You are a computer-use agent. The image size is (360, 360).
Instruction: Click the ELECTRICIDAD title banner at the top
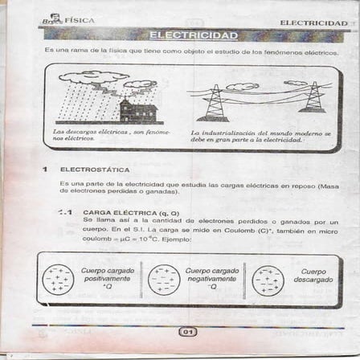[x=193, y=35]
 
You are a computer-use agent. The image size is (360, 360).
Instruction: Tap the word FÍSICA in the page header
[x=80, y=19]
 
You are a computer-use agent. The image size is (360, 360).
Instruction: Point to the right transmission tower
[x=311, y=97]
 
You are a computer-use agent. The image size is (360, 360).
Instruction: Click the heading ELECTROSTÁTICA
[x=95, y=170]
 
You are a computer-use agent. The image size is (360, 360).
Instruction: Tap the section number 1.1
[x=65, y=213]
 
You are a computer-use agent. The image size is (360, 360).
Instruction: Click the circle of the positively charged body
[x=58, y=280]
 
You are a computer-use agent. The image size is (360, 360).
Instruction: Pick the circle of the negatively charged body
[x=164, y=280]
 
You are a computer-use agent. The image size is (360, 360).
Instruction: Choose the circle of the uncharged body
[x=268, y=280]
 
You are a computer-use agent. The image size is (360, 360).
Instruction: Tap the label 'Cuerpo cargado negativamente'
[x=211, y=278]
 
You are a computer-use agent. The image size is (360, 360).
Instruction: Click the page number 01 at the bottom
[x=186, y=331]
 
